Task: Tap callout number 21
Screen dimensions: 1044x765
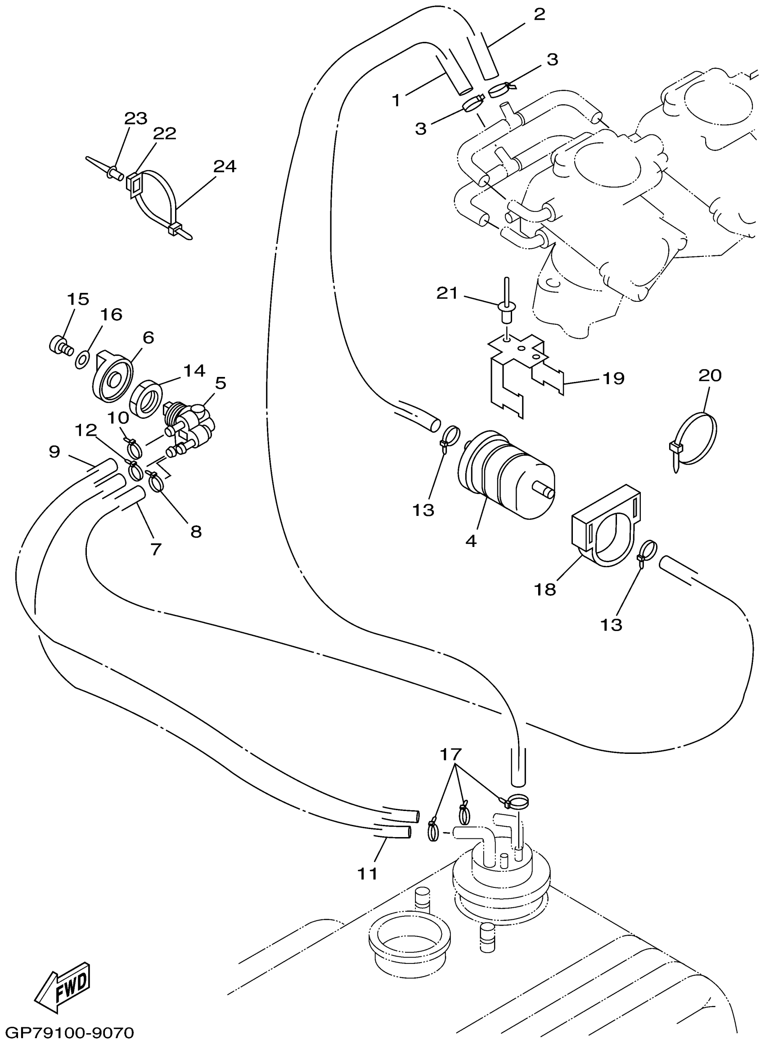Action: click(447, 293)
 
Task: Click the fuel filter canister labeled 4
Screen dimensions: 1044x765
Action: click(507, 476)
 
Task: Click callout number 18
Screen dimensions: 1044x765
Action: click(547, 590)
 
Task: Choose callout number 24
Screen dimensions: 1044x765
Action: click(225, 166)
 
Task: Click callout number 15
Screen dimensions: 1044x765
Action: click(78, 299)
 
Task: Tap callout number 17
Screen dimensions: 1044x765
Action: click(450, 755)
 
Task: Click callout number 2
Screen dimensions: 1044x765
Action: click(539, 14)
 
